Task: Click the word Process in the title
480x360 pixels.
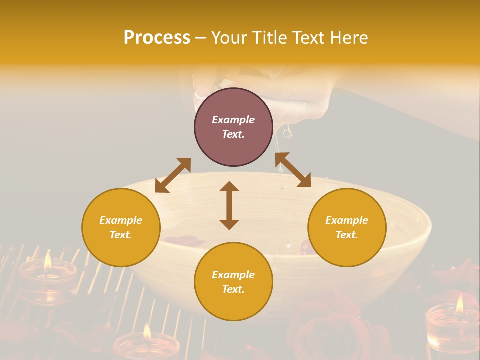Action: tap(157, 38)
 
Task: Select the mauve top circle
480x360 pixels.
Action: tap(233, 127)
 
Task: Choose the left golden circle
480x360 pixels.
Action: tap(121, 227)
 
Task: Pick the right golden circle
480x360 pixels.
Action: tap(347, 227)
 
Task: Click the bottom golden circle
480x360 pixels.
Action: tap(233, 282)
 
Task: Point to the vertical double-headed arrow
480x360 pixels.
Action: tap(229, 205)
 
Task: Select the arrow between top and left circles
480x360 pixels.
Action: tap(173, 175)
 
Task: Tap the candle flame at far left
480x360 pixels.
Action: tap(47, 261)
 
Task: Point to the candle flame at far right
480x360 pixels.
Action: tap(459, 304)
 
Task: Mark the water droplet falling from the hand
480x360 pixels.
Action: tap(287, 132)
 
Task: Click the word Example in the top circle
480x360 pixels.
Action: tap(233, 120)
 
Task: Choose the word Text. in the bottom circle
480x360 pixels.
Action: tap(233, 289)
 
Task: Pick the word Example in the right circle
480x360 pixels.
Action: tap(347, 220)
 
